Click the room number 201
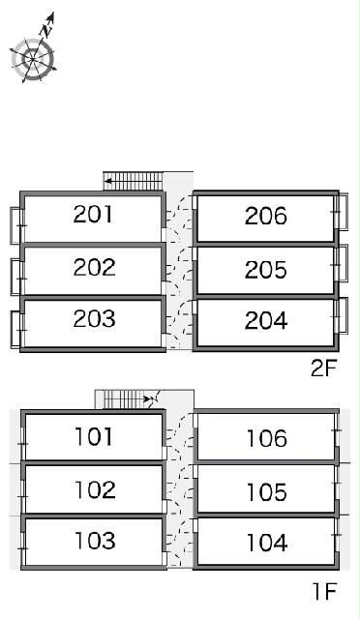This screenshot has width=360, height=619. pyautogui.click(x=93, y=214)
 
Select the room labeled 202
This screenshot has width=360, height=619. pyautogui.click(x=94, y=267)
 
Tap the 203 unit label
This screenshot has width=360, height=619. pyautogui.click(x=94, y=318)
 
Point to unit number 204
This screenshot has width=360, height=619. pyautogui.click(x=266, y=320)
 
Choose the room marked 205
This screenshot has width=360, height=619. pyautogui.click(x=265, y=270)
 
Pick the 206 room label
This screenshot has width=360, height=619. pyautogui.click(x=265, y=216)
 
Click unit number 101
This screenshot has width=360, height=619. pyautogui.click(x=93, y=436)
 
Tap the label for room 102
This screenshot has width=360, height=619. pyautogui.click(x=95, y=489)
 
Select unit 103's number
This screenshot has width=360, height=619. pyautogui.click(x=95, y=541)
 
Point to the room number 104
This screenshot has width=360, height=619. pyautogui.click(x=267, y=543)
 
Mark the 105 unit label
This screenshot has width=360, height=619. pyautogui.click(x=267, y=492)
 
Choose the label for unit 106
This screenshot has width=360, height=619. pyautogui.click(x=267, y=438)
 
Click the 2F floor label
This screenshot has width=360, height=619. pyautogui.click(x=323, y=368)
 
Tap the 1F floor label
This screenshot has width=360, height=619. pyautogui.click(x=324, y=591)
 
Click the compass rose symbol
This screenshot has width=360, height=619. pyautogui.click(x=33, y=59)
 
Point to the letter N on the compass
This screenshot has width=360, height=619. pyautogui.click(x=47, y=30)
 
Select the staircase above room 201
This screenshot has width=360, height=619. pyautogui.click(x=133, y=181)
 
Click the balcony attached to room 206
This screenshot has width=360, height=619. pyautogui.click(x=343, y=211)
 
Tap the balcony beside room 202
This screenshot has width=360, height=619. pyautogui.click(x=15, y=277)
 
